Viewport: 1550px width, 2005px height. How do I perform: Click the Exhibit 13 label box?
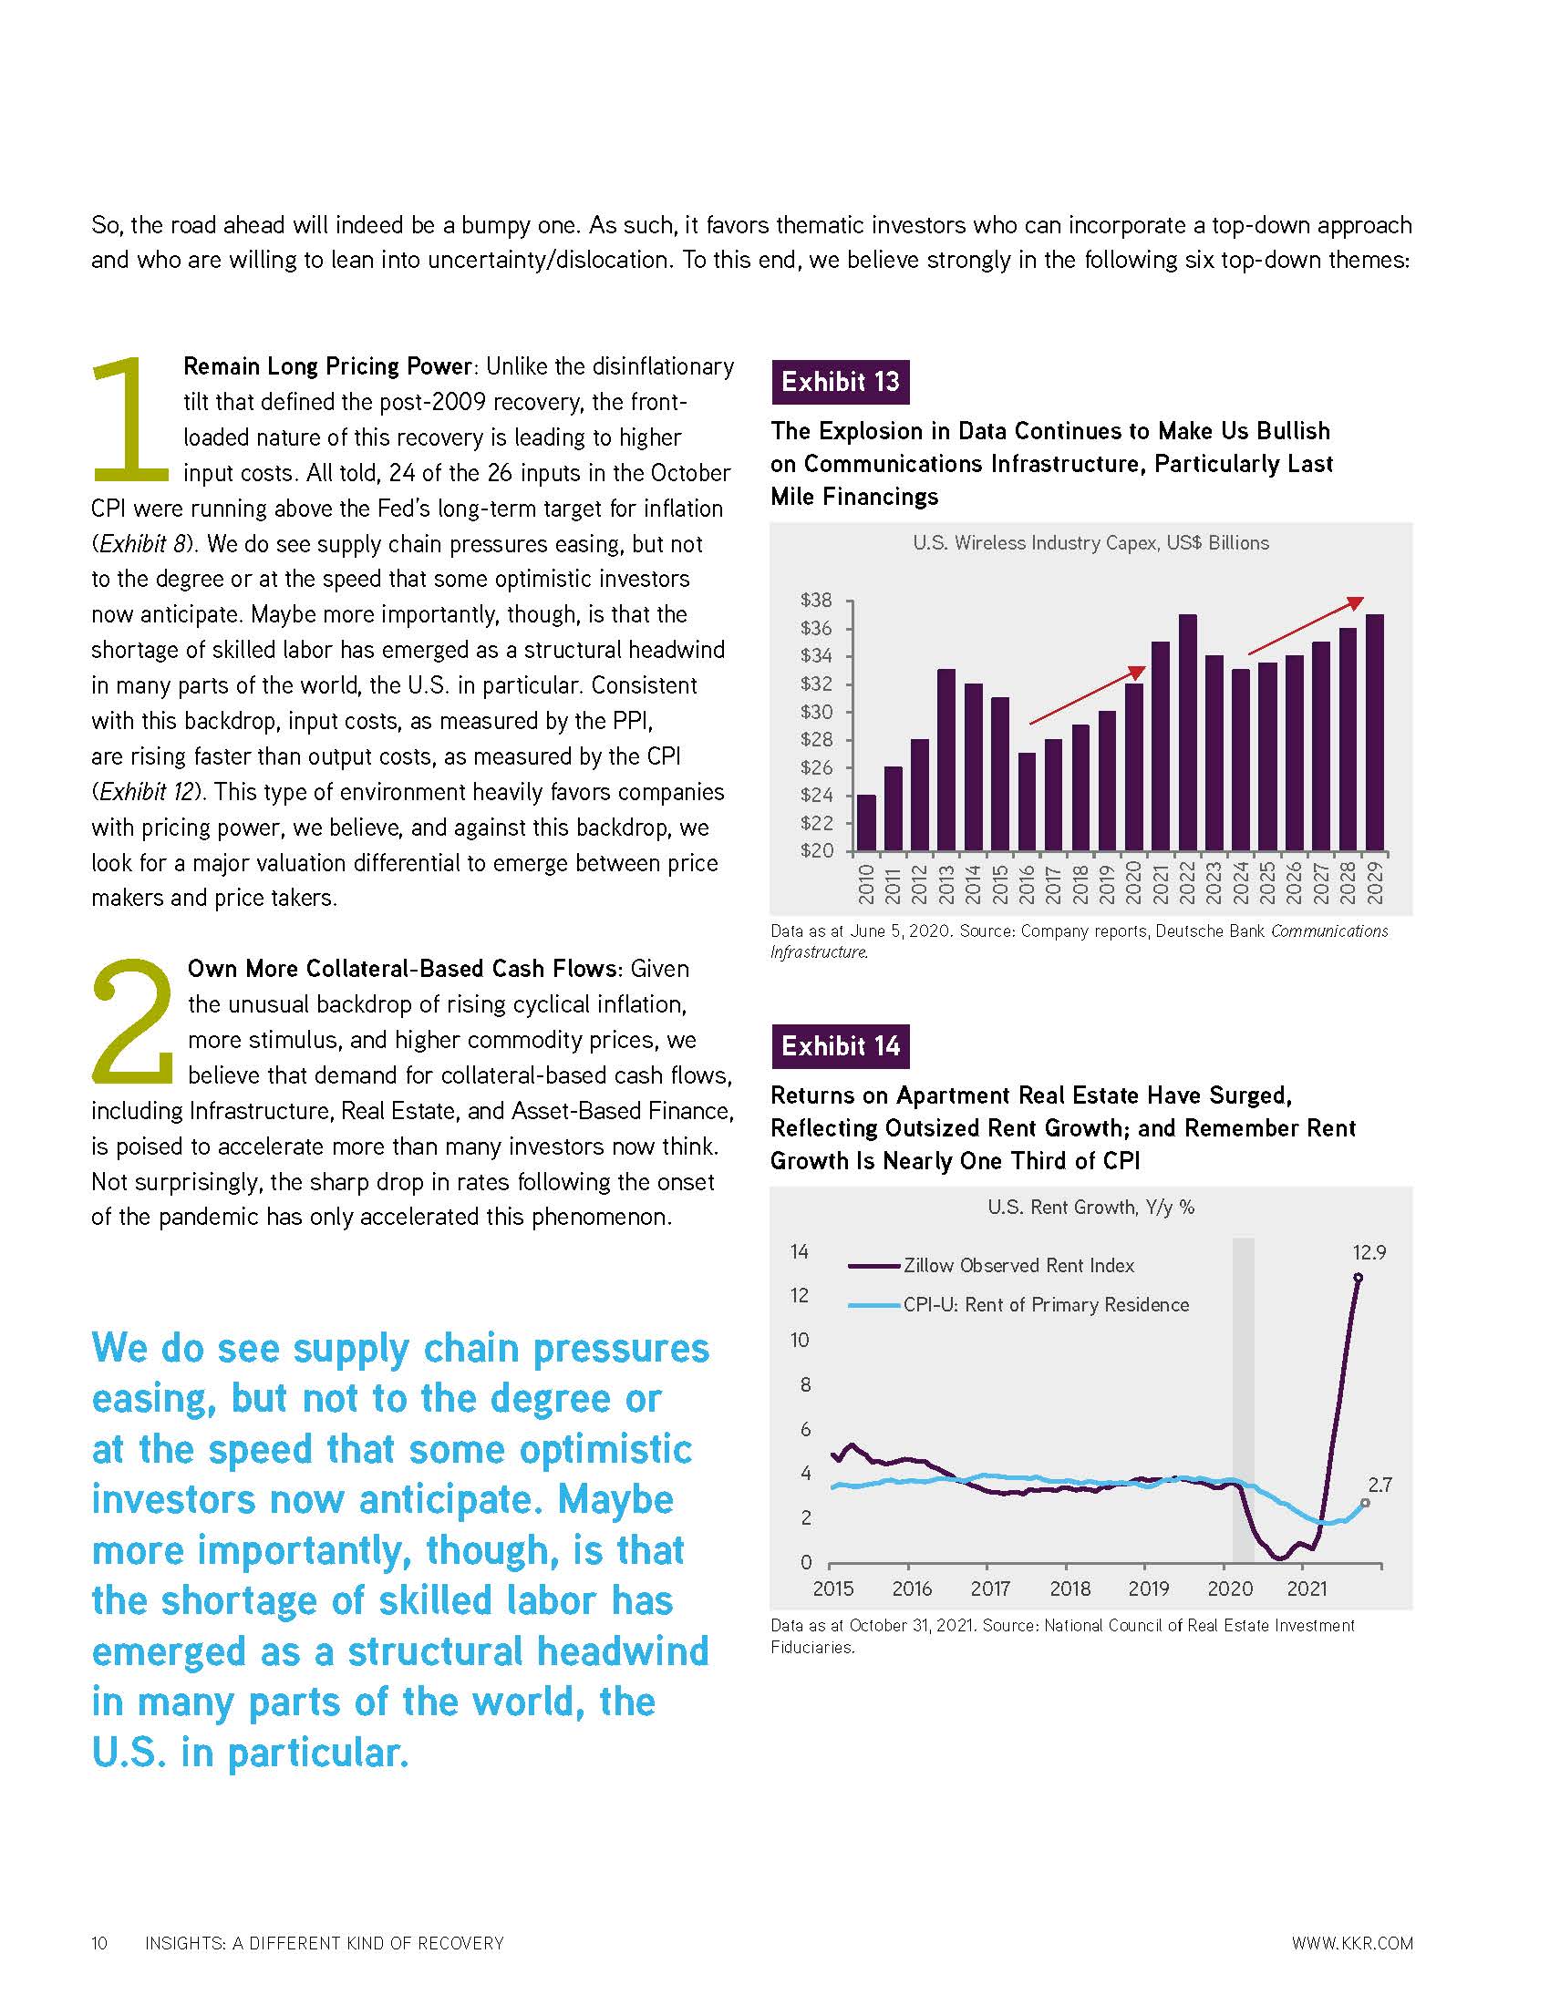coord(841,382)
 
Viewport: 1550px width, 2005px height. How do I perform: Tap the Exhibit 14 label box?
coord(841,1046)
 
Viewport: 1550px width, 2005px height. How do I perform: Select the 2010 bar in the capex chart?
coord(866,822)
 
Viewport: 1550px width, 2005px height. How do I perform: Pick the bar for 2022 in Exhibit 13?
coord(1187,732)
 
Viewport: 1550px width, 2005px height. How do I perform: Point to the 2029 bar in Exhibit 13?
coord(1375,732)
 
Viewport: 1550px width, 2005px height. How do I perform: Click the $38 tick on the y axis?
coord(816,601)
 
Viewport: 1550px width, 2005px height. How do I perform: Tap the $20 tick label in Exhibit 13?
coord(816,850)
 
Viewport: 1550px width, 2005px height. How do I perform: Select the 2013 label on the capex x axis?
coord(946,884)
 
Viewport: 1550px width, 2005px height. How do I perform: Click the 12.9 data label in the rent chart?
coord(1369,1252)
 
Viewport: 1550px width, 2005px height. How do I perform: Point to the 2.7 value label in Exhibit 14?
coord(1379,1485)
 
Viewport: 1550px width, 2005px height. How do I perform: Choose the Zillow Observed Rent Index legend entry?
coord(1018,1266)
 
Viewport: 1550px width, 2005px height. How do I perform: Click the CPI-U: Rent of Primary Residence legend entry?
coord(1045,1305)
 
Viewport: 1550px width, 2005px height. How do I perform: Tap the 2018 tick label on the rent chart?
coord(1069,1589)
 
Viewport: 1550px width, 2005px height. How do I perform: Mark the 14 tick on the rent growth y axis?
coord(800,1252)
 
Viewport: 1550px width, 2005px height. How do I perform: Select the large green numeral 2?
coord(134,1021)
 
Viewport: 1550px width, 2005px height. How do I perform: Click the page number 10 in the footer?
coord(99,1944)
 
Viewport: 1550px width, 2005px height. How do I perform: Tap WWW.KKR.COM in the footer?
coord(1351,1944)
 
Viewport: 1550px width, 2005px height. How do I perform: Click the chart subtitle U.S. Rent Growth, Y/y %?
coord(1090,1208)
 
